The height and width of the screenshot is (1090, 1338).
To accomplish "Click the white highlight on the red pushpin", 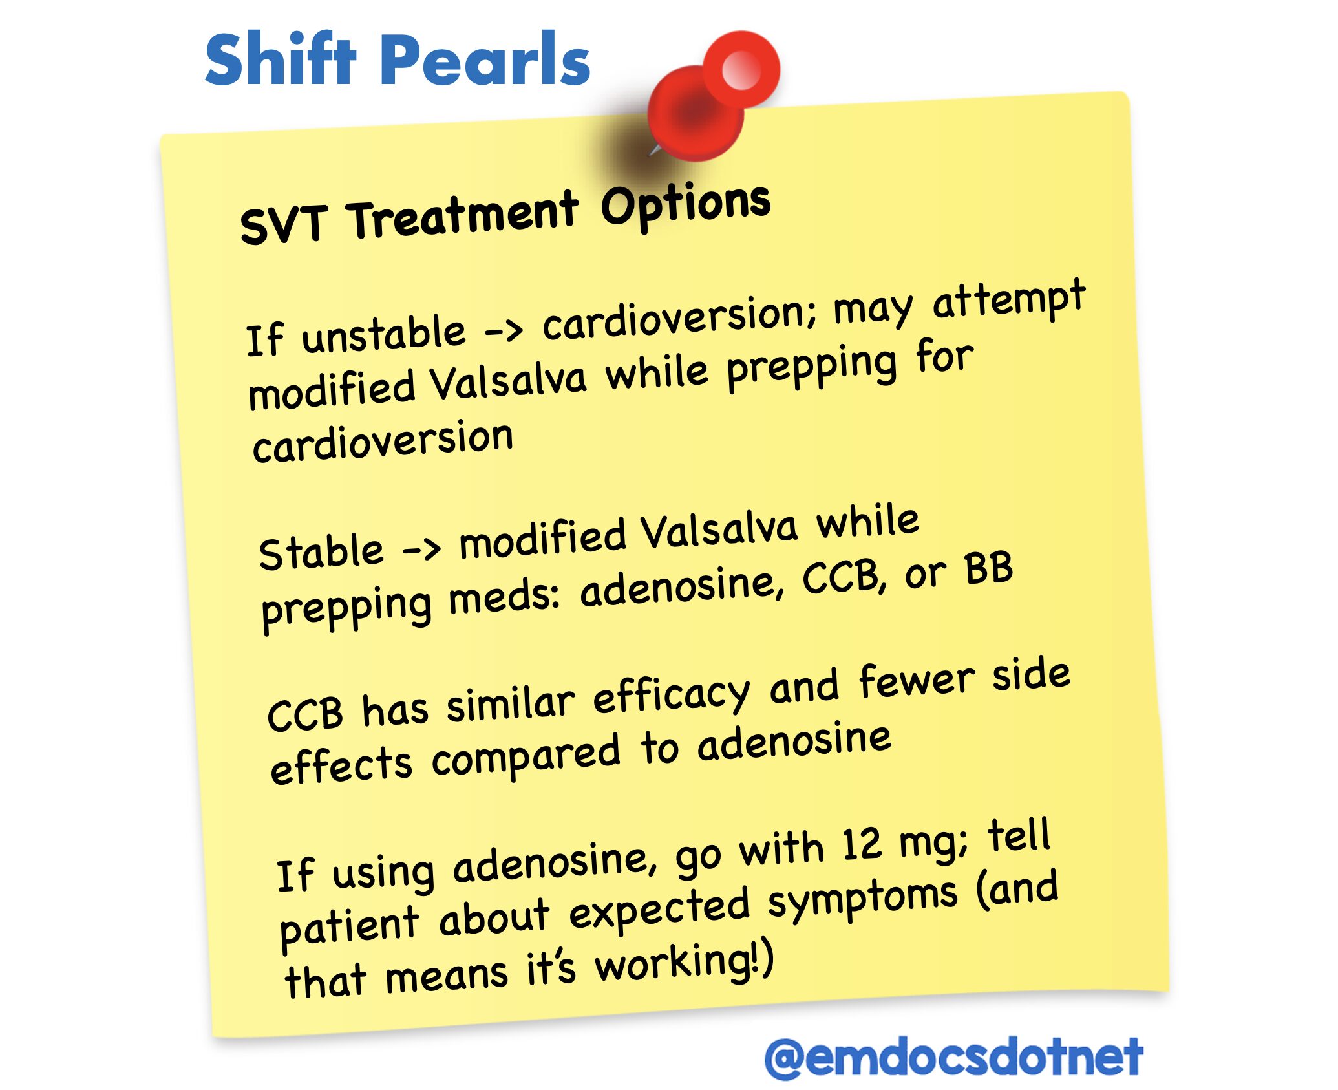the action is [741, 68].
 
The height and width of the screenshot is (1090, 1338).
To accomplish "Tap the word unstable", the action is [383, 335].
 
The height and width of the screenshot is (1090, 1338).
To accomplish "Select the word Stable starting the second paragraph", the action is [321, 552].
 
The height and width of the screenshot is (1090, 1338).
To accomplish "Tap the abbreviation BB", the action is [988, 570].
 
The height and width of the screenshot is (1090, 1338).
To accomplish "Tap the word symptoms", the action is [864, 901].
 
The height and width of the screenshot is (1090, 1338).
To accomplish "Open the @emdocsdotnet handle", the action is [954, 1057].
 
